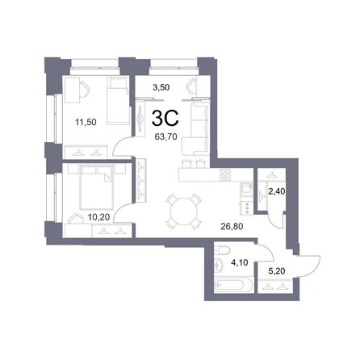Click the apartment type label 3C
pos(165,119)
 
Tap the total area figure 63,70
pos(165,136)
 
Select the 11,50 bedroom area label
pos(86,122)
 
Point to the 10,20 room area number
pos(99,217)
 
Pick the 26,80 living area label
pos(232,227)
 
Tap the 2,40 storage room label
pos(276,191)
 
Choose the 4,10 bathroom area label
pos(240,262)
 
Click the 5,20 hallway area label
pos(277,271)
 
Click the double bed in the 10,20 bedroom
pos(96,187)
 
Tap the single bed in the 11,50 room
pos(118,101)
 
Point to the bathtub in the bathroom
pos(233,286)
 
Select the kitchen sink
pos(246,189)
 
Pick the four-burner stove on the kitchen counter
pos(225,174)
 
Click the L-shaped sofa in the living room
pos(195,130)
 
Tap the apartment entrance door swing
pos(309,266)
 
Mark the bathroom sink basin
pos(219,264)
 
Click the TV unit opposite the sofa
pos(140,119)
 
